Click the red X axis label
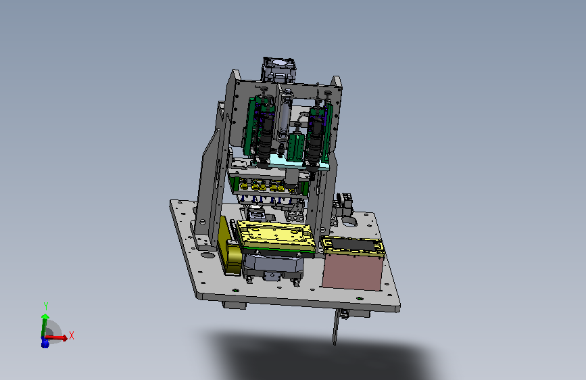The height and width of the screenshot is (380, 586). (72, 335)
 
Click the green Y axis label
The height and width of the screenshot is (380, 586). (46, 306)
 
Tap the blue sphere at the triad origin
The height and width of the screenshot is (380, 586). (45, 342)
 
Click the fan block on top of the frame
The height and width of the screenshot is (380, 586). (280, 70)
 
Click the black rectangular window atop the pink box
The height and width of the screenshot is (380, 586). (353, 245)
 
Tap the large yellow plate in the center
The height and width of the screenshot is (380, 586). (277, 235)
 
